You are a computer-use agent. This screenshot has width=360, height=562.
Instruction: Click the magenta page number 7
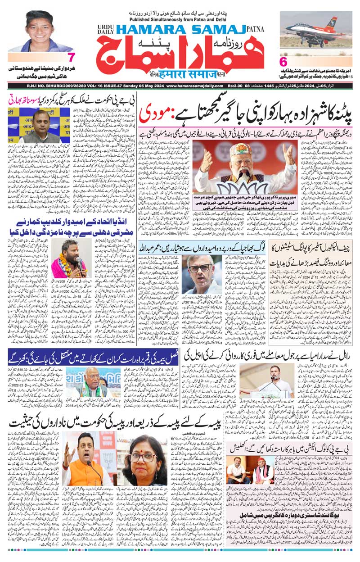point(71,58)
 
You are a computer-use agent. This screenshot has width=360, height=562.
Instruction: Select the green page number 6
point(283,61)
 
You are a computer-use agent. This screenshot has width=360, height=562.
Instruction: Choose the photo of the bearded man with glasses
point(205,277)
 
